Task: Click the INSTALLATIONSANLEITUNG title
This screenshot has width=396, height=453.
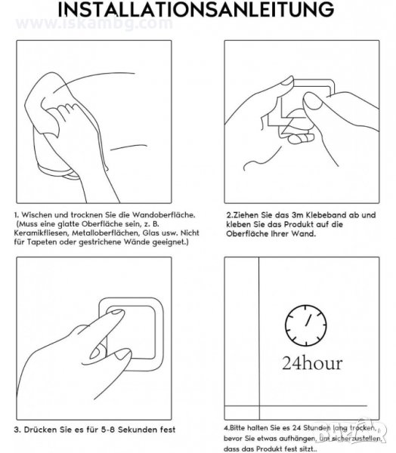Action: [196, 9]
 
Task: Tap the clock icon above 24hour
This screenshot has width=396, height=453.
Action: [306, 325]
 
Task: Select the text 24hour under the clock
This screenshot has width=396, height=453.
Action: [312, 363]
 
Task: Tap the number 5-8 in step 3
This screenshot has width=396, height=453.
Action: [109, 430]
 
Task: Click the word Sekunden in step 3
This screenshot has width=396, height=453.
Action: [138, 430]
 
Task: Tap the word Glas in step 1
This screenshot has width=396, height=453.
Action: [150, 233]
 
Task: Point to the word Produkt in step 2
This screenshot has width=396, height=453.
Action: [299, 224]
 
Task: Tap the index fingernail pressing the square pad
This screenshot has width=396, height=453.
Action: [116, 312]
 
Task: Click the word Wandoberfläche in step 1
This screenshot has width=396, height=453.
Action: [164, 215]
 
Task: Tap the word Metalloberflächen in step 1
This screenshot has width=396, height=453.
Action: [106, 233]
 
